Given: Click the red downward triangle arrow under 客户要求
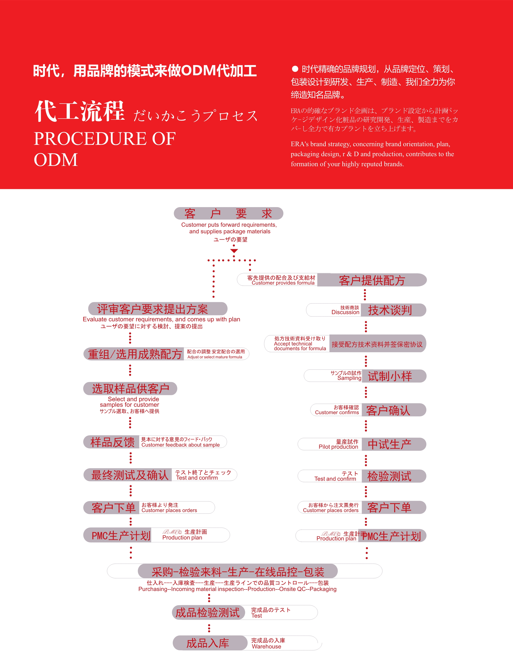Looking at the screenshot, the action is (234, 251).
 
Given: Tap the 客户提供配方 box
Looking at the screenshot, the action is (372, 280).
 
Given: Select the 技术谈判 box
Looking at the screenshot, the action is (393, 310).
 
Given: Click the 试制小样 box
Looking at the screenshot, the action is (394, 376).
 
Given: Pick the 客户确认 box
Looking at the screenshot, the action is (394, 410).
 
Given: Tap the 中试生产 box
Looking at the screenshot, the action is (394, 444).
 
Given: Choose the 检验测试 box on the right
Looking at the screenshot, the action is (394, 476).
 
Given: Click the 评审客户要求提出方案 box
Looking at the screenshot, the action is (158, 309).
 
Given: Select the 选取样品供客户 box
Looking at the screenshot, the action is (130, 389).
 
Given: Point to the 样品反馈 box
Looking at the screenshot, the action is (111, 442).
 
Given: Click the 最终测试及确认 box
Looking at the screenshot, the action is (128, 475).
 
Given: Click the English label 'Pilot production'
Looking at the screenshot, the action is (339, 447).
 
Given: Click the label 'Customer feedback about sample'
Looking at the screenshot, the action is (180, 445).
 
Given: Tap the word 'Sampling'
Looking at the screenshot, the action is (349, 378).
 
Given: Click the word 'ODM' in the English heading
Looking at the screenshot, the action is (56, 160).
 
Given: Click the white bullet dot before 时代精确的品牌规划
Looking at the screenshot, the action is (295, 69).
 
